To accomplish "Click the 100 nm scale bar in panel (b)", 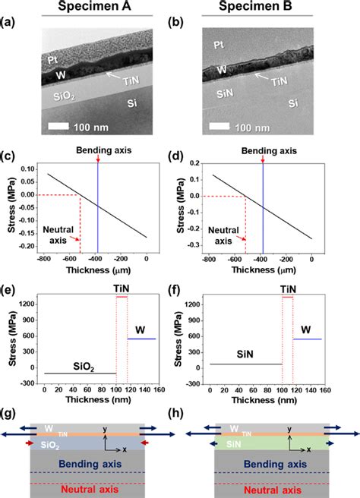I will coord(227,128).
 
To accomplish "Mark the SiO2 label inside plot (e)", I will coord(74,364).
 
